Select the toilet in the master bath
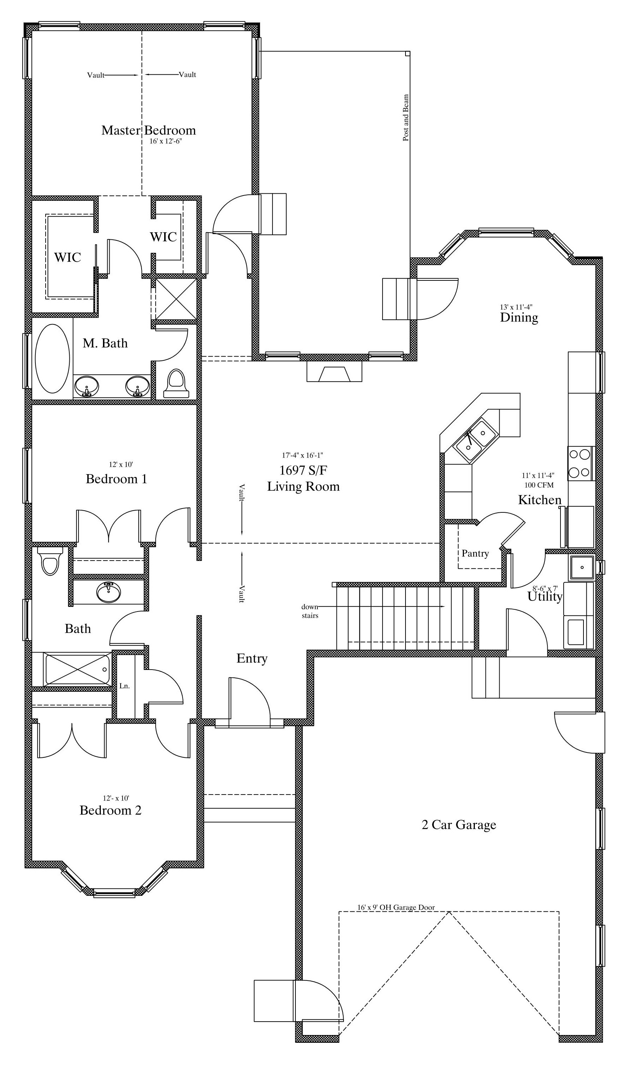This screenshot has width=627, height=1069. tap(176, 383)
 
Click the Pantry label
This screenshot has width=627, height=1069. tap(475, 553)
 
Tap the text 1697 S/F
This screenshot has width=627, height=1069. tap(303, 470)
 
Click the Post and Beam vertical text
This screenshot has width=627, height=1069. tap(406, 118)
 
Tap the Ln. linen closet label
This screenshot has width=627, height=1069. tap(124, 686)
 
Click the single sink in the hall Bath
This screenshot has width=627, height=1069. tap(109, 592)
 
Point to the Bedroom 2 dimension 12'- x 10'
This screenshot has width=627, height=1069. tap(116, 798)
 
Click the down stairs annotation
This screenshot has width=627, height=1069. tap(310, 611)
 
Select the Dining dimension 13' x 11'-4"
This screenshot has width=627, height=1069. tap(516, 307)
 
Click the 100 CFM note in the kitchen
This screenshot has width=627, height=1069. tap(539, 485)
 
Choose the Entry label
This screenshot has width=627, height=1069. tap(252, 658)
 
